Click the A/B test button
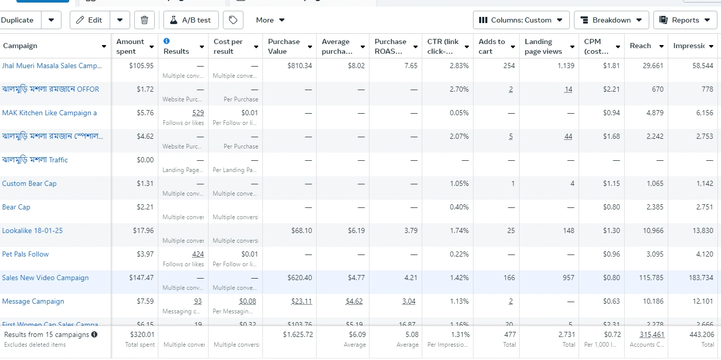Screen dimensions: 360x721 [191, 20]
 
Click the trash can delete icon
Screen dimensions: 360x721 [145, 20]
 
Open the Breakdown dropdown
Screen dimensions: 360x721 [611, 20]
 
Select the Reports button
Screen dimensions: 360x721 [685, 20]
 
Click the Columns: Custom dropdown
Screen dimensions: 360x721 [521, 20]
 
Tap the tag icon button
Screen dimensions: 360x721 [233, 20]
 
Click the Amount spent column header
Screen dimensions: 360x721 [130, 46]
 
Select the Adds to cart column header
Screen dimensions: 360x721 [491, 46]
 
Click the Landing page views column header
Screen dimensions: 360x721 [543, 46]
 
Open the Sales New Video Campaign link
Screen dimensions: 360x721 [45, 278]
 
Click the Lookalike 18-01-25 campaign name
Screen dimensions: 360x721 [32, 230]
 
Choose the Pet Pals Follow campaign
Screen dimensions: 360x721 [26, 254]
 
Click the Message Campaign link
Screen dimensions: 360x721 [33, 301]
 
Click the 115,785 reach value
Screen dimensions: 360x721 [653, 278]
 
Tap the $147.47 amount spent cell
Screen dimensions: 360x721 [141, 278]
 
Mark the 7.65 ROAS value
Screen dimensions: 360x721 [410, 66]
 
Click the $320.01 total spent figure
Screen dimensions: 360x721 [142, 334]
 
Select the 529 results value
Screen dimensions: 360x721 [198, 113]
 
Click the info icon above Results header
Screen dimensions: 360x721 [167, 41]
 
